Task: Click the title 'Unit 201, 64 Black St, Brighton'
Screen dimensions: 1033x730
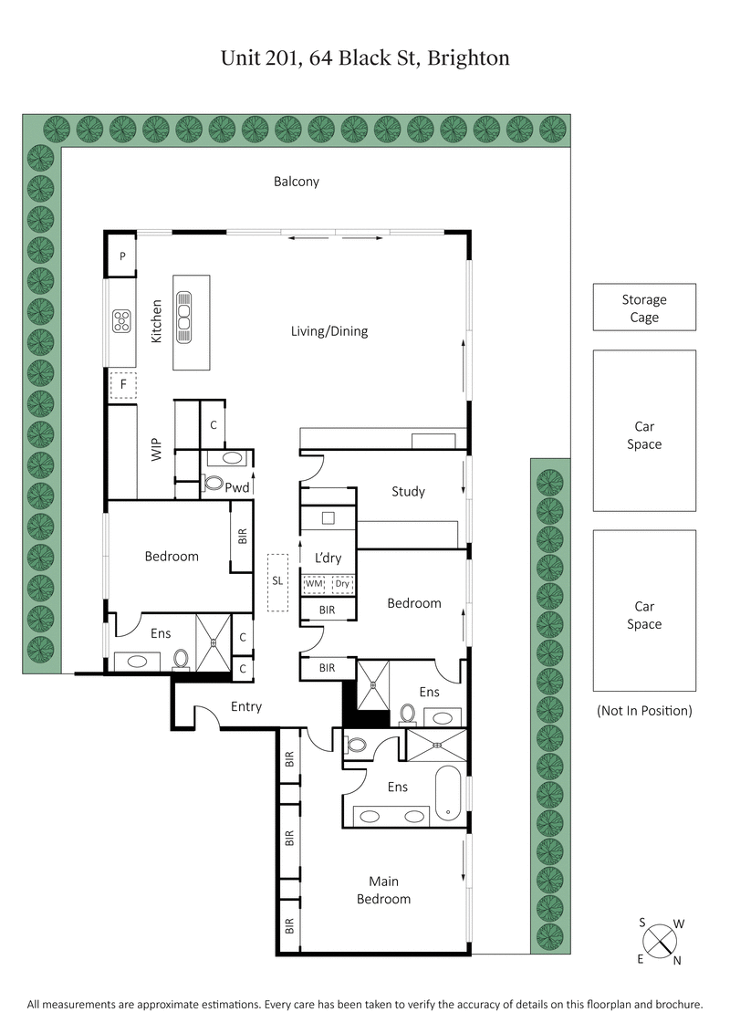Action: [365, 58]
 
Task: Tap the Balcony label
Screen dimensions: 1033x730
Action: [297, 182]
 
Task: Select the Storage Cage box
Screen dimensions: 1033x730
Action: [644, 308]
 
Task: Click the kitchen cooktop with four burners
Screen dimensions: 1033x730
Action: [121, 320]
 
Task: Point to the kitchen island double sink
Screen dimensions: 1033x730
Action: [184, 317]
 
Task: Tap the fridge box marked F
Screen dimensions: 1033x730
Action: [123, 385]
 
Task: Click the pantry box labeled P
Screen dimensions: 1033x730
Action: [121, 256]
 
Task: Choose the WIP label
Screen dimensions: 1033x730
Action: [155, 448]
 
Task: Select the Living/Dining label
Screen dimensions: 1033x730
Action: [329, 331]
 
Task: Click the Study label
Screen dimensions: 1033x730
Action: [408, 491]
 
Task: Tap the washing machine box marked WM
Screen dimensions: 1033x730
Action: [315, 584]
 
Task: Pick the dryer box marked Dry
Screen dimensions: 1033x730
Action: [342, 584]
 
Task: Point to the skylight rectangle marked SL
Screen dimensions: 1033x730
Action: [277, 581]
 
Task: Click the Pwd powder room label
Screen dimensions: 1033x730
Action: [238, 488]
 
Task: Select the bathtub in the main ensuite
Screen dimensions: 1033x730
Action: [448, 793]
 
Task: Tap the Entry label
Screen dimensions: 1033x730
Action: [246, 706]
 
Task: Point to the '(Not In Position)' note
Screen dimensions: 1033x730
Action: [644, 710]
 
